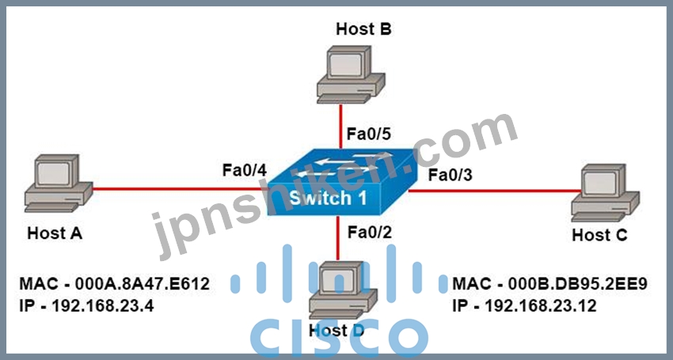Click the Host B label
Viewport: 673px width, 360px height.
(363, 29)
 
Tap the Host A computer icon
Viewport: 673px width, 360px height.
(59, 184)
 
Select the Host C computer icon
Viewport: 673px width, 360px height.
(605, 193)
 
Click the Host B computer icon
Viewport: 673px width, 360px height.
(351, 74)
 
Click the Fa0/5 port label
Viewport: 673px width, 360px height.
(369, 134)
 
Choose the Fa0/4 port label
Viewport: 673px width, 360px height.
(244, 170)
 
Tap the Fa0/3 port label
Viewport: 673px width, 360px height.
(451, 175)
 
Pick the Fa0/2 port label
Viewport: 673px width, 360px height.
(370, 232)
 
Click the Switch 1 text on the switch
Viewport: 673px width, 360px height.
(328, 199)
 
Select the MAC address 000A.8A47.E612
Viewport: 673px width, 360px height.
(142, 283)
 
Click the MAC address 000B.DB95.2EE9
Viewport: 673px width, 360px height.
(577, 283)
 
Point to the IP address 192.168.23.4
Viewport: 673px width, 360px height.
(103, 306)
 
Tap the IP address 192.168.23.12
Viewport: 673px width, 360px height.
(540, 306)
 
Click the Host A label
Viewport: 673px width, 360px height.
(55, 233)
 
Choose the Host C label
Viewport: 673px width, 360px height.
(599, 235)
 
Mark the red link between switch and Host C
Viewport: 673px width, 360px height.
(494, 191)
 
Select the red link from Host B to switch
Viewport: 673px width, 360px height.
(340, 126)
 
